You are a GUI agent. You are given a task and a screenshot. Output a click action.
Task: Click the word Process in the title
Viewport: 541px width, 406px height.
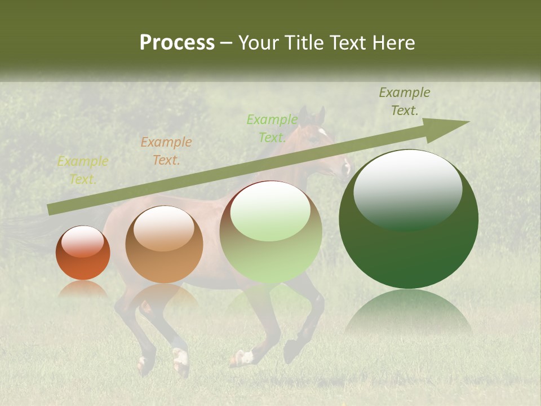point(177,43)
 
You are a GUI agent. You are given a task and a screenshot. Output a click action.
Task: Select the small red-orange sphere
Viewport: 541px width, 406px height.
point(83,253)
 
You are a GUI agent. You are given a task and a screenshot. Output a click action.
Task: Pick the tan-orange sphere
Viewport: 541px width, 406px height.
point(164,245)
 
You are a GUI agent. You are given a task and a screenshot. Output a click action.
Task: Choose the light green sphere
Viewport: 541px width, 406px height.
point(270,232)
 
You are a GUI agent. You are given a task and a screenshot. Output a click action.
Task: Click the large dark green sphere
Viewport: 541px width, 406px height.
point(409,220)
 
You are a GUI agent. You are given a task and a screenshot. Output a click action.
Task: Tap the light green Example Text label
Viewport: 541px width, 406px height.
point(272,128)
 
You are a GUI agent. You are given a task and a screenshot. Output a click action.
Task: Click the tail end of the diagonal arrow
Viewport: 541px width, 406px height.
point(52,209)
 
